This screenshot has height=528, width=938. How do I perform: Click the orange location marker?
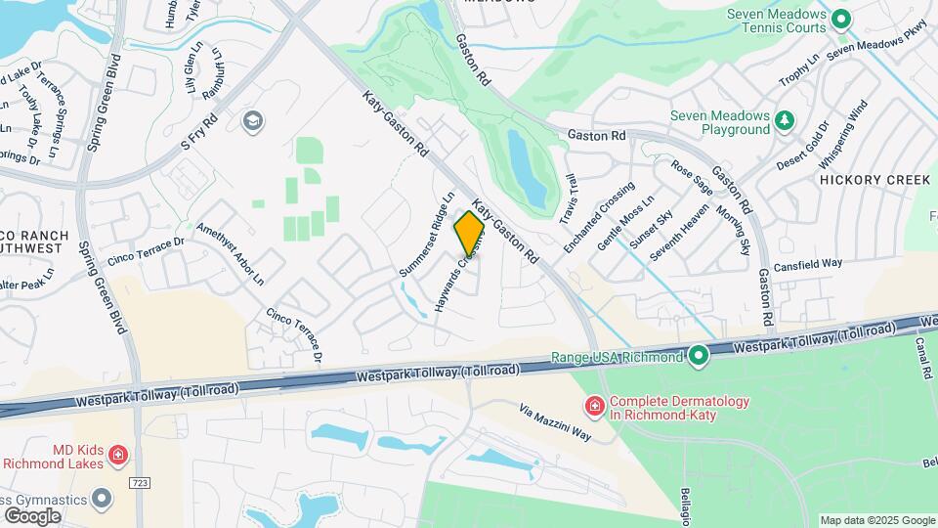pos(469,233)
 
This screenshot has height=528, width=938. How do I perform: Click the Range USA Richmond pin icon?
pos(698,357)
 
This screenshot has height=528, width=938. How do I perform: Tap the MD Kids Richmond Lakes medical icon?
pos(117,455)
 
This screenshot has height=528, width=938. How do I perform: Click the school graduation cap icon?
pos(252,121)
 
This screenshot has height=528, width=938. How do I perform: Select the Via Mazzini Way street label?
pos(554,422)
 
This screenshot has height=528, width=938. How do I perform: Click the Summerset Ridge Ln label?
pos(428,233)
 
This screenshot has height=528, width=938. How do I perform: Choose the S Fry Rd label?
pos(198,132)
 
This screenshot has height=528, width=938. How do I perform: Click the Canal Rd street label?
pos(923,358)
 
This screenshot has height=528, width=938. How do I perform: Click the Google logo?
pos(32,515)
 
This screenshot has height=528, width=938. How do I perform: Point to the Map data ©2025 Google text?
pos(876,520)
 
